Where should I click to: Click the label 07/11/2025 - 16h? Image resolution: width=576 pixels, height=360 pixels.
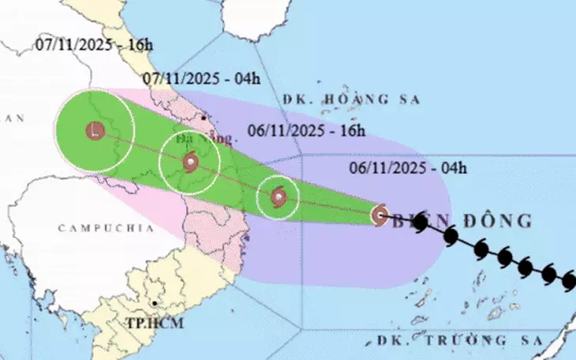94,44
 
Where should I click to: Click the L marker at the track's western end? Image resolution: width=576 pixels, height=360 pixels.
95,132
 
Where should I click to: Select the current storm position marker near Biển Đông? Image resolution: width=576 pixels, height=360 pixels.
380,214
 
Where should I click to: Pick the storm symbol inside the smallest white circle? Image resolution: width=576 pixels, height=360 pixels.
278,197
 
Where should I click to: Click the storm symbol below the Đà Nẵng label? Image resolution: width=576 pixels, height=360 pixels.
190,163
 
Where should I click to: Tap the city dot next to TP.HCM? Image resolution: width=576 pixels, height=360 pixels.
155,304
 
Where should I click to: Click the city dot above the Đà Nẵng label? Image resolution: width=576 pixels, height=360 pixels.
205,118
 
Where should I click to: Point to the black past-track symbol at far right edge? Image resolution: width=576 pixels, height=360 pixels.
570,280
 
